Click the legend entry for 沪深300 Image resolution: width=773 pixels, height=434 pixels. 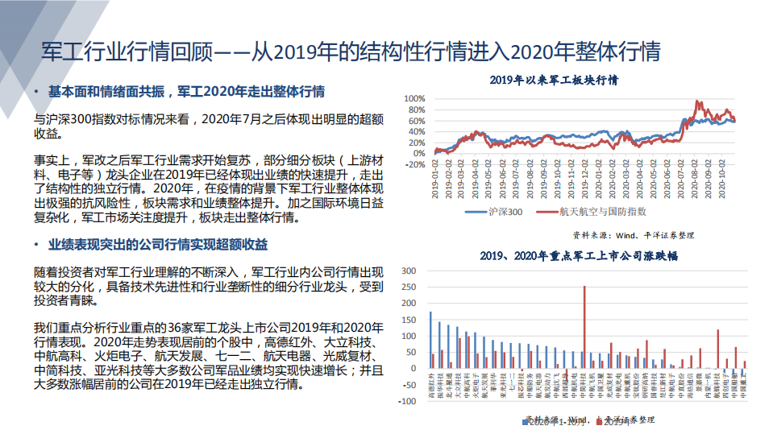501,211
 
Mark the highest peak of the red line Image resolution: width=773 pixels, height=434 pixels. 696,102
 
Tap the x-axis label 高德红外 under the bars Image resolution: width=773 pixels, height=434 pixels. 431,386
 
